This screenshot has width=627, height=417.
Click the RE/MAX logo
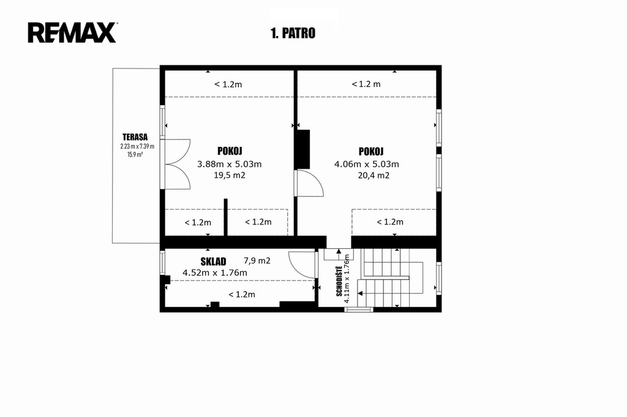pos(72,32)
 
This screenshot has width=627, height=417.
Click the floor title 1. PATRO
pos(293,33)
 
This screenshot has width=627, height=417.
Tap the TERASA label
pos(135,137)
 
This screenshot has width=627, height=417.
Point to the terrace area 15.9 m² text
pos(135,155)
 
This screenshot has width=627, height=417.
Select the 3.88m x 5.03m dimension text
pos(230,164)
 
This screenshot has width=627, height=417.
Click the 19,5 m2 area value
pos(230,175)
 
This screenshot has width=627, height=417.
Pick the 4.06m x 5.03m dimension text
pos(367,164)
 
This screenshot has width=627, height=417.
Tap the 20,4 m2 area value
pos(374,175)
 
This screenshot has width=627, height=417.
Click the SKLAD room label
pos(213,262)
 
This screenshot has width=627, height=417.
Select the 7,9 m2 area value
pos(257,261)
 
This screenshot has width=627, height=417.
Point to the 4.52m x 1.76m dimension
pos(215,273)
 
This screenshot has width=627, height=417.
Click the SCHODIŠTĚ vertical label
pos(339,281)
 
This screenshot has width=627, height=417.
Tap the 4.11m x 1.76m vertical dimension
pos(347,279)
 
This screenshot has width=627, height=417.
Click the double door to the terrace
pos(176,164)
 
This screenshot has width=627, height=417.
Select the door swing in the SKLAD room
pos(302,264)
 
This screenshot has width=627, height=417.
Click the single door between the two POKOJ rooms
pos(309,183)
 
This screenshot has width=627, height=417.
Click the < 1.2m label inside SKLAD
pos(242,295)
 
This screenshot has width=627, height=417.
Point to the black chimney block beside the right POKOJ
pos(302,149)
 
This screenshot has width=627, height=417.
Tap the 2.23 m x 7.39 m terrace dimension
pos(137,146)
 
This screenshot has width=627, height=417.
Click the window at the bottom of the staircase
pos(359,309)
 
